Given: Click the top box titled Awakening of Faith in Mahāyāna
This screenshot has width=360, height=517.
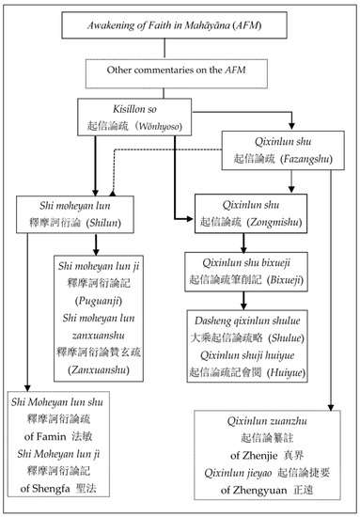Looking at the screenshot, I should [180, 24].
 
